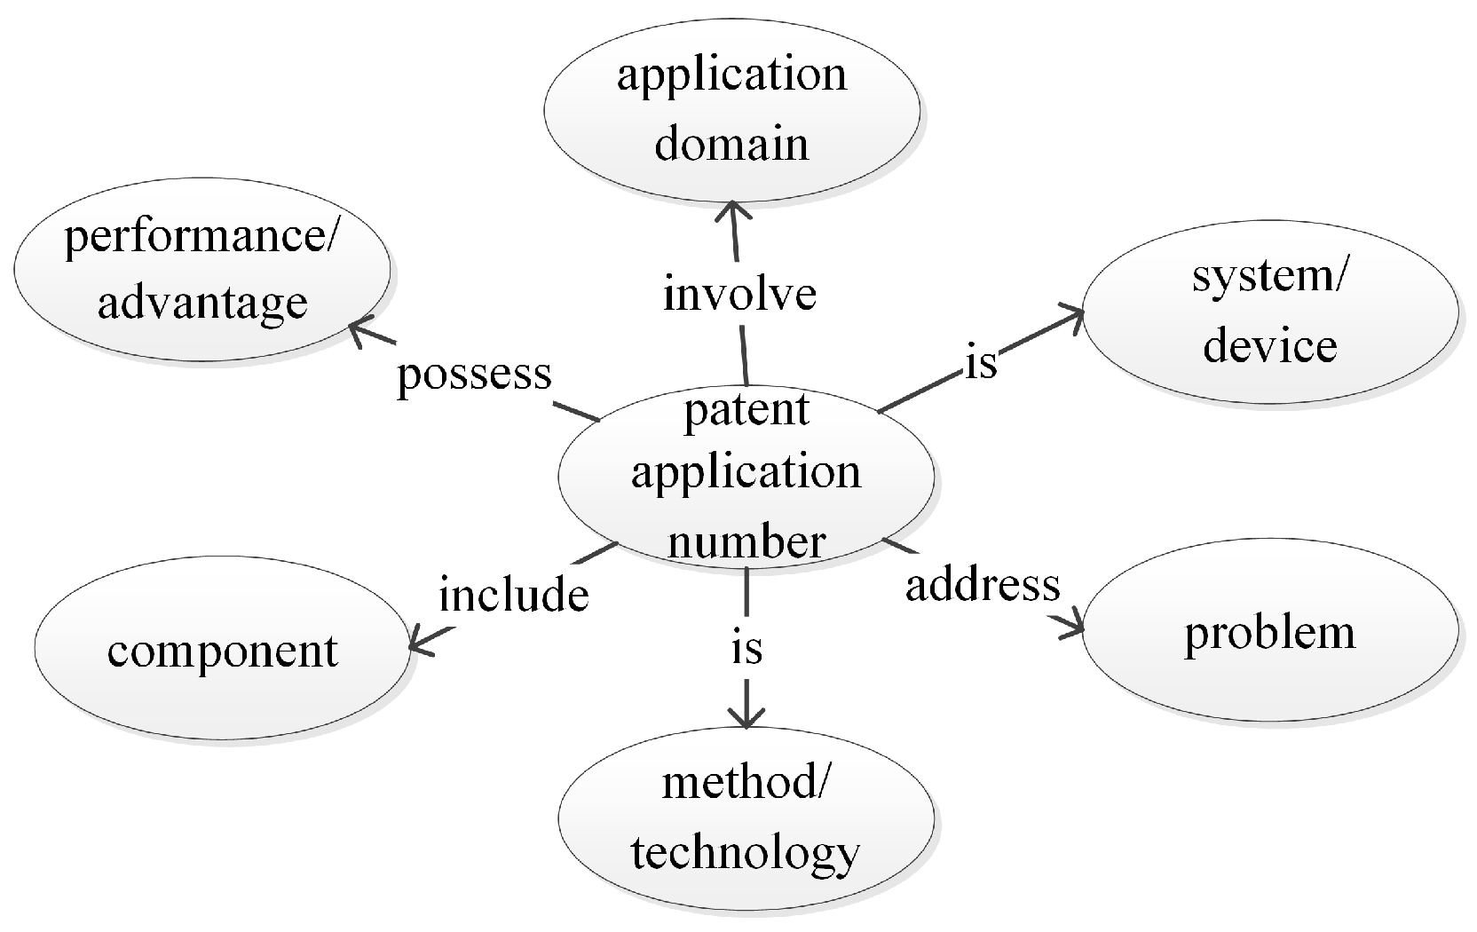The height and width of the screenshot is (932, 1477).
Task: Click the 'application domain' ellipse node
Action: [731, 108]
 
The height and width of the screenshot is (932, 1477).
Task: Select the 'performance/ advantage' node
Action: [202, 269]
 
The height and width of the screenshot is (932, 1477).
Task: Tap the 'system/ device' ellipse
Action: [1269, 311]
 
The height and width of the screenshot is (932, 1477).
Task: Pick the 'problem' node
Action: [1269, 632]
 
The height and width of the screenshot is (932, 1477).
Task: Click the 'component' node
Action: [222, 651]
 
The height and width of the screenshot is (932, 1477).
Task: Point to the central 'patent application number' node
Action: [746, 475]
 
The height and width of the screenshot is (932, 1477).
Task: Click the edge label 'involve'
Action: [739, 295]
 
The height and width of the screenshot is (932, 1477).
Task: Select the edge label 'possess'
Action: [474, 374]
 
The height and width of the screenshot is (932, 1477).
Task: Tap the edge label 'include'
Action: [514, 594]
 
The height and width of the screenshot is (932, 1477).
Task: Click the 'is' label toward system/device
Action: [982, 362]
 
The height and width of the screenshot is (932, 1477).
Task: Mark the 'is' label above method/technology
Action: [746, 648]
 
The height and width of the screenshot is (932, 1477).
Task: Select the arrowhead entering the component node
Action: [417, 645]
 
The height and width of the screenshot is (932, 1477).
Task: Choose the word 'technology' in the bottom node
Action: [746, 852]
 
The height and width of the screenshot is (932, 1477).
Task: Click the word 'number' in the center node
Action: [746, 541]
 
